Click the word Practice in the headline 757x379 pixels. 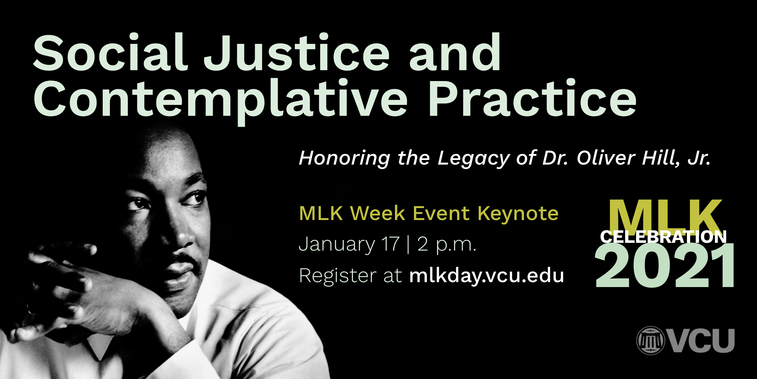(x=532, y=98)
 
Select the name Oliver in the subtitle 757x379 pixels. (x=606, y=158)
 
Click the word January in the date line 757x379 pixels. (x=337, y=245)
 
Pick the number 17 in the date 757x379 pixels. (x=391, y=244)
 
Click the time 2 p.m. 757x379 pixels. (x=447, y=245)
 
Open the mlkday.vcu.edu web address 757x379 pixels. (x=486, y=276)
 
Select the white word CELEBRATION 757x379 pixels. (x=663, y=237)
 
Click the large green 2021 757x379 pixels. (x=664, y=266)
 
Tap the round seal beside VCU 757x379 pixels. (x=651, y=340)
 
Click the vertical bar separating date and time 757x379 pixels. (x=408, y=245)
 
